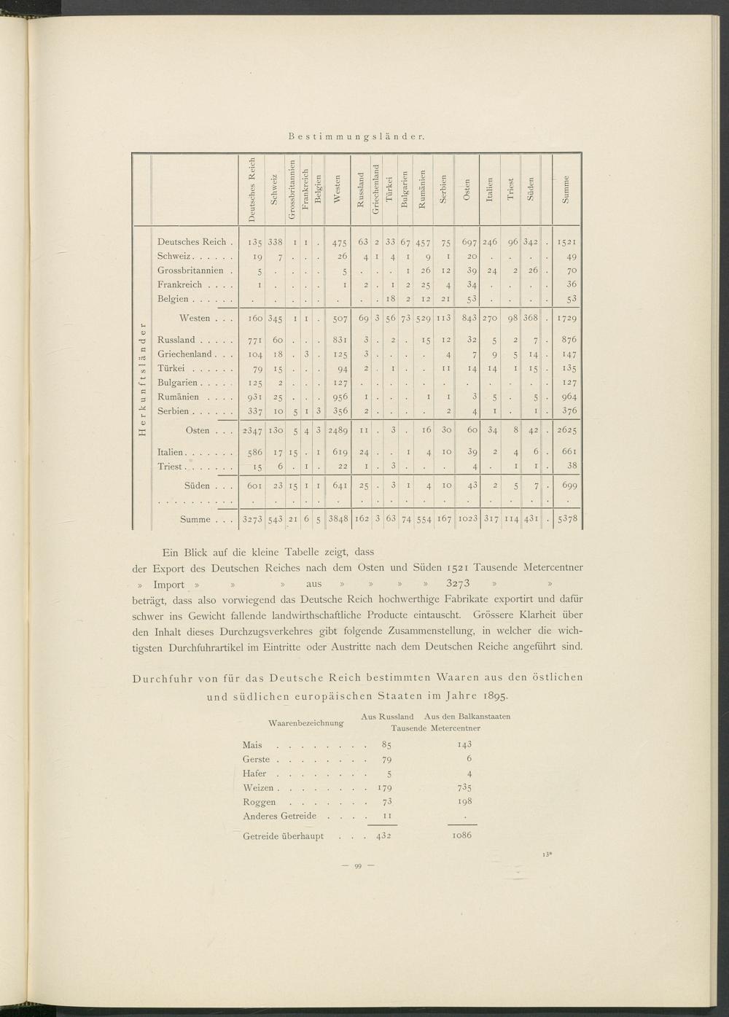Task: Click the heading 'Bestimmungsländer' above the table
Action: point(356,136)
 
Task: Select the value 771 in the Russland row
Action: point(251,340)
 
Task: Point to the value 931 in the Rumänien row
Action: point(251,397)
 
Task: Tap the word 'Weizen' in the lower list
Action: point(257,788)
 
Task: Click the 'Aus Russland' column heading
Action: point(387,717)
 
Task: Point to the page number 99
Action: point(358,865)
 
